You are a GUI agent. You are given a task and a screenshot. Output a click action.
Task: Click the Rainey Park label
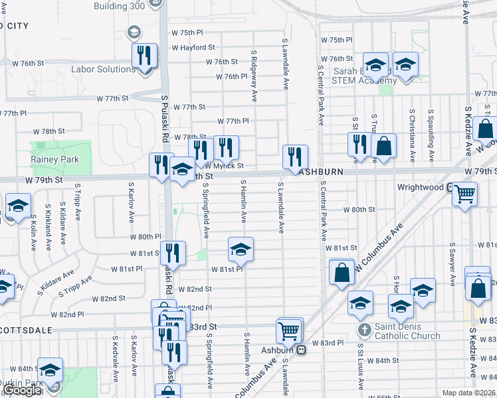(x=54, y=159)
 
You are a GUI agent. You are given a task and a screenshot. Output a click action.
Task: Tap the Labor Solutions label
(x=104, y=69)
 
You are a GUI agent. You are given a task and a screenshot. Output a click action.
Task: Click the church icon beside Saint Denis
(x=364, y=329)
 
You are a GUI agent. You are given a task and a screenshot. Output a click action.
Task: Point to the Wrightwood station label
(x=420, y=187)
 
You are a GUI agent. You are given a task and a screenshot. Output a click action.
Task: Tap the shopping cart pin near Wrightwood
(x=464, y=193)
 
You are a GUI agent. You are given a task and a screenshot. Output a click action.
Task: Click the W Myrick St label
(x=224, y=166)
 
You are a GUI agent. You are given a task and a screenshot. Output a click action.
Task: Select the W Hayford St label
(x=193, y=48)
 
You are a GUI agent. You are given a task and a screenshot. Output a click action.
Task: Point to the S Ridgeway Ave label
(x=254, y=76)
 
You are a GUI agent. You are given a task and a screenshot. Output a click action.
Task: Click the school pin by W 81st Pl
(x=241, y=249)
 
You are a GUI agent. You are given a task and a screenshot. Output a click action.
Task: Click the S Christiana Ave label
(x=412, y=136)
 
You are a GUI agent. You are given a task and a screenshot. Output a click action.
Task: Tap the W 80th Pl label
(x=146, y=236)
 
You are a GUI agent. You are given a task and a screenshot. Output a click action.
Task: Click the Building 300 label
(x=120, y=5)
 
